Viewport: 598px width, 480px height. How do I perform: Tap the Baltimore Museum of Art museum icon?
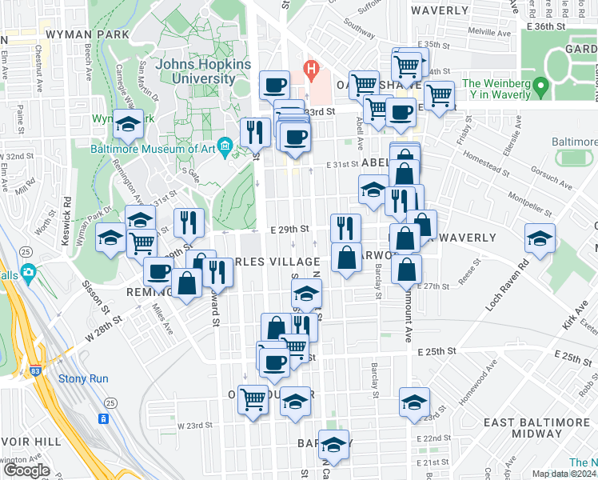tap(225, 145)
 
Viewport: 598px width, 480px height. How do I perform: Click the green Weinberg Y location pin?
tap(541, 84)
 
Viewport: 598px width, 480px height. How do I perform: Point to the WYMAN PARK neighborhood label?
tap(88, 35)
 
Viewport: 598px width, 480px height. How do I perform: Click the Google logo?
tap(26, 470)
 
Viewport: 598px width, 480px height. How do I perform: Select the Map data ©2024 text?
tap(564, 474)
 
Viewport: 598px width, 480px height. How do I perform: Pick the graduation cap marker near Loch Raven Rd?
tap(540, 238)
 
